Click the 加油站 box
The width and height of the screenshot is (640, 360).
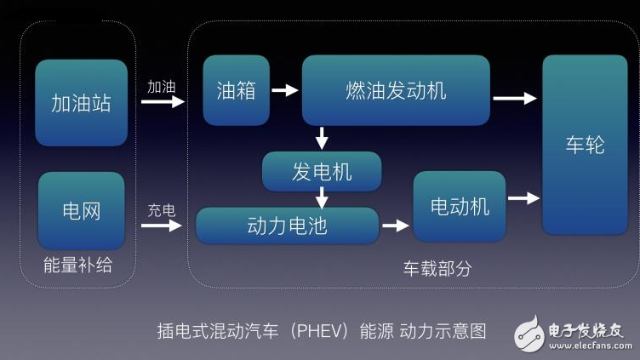coord(81,103)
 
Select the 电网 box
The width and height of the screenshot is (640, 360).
coord(81,210)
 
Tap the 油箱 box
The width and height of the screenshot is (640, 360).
coord(236,90)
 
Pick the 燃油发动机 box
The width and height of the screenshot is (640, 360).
coord(396,90)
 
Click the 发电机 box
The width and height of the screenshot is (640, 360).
coord(322,172)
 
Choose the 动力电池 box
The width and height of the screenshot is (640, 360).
coord(287,226)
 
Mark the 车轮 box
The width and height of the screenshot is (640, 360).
coord(585,145)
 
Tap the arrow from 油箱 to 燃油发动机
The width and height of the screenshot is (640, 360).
coord(286,89)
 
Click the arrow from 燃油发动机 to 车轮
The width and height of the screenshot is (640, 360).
coord(515,99)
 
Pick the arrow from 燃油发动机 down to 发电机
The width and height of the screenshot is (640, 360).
coord(322,137)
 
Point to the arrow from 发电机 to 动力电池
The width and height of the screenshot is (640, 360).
coord(322,198)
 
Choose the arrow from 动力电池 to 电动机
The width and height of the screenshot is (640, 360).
coord(395,226)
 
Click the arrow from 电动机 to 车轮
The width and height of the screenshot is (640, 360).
coord(523,198)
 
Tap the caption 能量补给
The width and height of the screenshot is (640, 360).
coord(77,266)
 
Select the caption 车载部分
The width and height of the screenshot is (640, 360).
coord(437,268)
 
